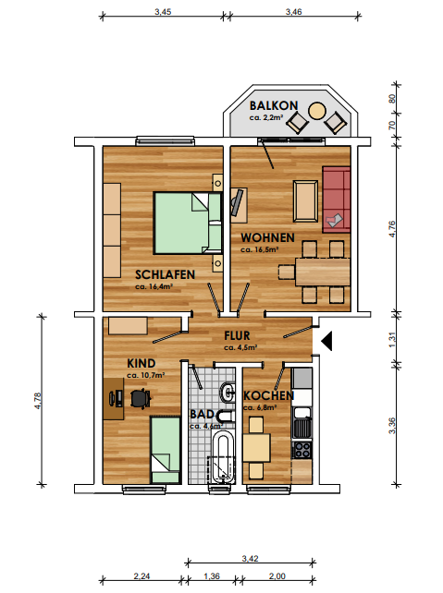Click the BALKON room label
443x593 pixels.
pyautogui.click(x=274, y=105)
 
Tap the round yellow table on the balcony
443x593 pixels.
pyautogui.click(x=317, y=111)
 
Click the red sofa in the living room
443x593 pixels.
pyautogui.click(x=337, y=200)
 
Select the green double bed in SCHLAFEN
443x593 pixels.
pyautogui.click(x=188, y=223)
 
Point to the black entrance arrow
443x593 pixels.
pyautogui.click(x=326, y=341)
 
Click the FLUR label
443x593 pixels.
pyautogui.click(x=237, y=335)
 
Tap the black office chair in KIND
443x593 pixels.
pyautogui.click(x=140, y=398)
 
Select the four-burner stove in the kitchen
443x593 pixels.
pyautogui.click(x=302, y=450)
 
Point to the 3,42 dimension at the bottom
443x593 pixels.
pyautogui.click(x=251, y=558)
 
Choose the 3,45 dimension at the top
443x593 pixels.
pyautogui.click(x=163, y=12)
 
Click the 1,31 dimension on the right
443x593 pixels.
pyautogui.click(x=392, y=339)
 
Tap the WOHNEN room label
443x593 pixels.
pyautogui.click(x=267, y=237)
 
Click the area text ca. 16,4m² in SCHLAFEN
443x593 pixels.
pyautogui.click(x=154, y=286)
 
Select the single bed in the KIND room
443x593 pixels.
pyautogui.click(x=165, y=450)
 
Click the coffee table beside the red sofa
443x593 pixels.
pyautogui.click(x=305, y=200)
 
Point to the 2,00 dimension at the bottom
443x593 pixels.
pyautogui.click(x=277, y=576)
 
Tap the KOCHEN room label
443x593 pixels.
pyautogui.click(x=268, y=395)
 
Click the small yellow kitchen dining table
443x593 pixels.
pyautogui.click(x=256, y=448)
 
